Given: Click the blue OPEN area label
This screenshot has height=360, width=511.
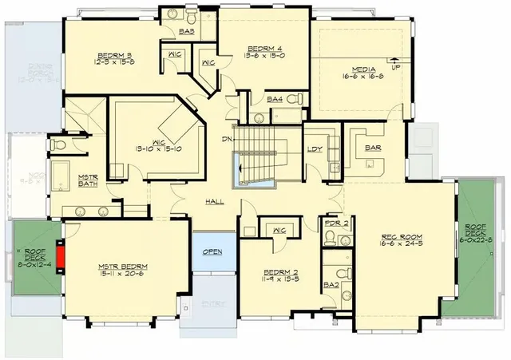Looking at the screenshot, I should (x=212, y=251).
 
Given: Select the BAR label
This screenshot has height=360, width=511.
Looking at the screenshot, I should (x=372, y=148).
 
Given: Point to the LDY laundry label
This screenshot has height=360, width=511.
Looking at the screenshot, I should (x=315, y=149).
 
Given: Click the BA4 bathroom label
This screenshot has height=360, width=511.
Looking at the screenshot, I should (x=275, y=99).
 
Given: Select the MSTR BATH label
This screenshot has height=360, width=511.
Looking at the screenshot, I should (x=88, y=181).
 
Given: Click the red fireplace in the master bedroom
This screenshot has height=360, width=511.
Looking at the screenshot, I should (x=58, y=251).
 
